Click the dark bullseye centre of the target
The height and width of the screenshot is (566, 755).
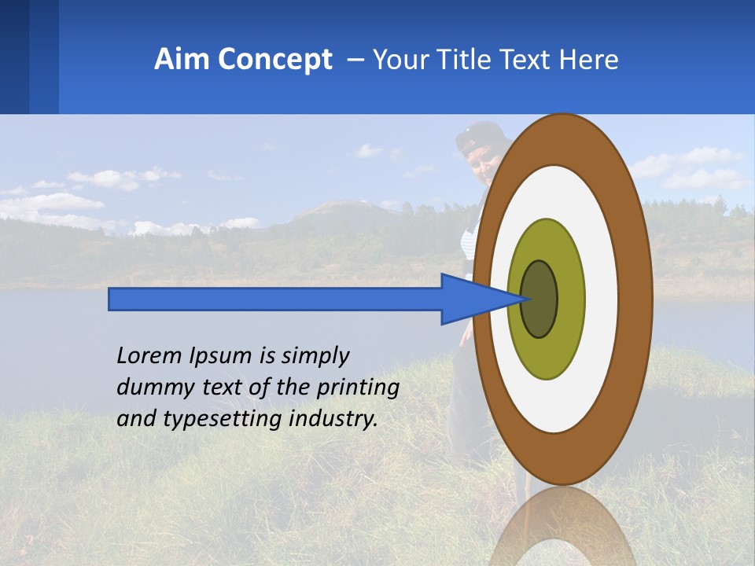pos(540,300)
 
